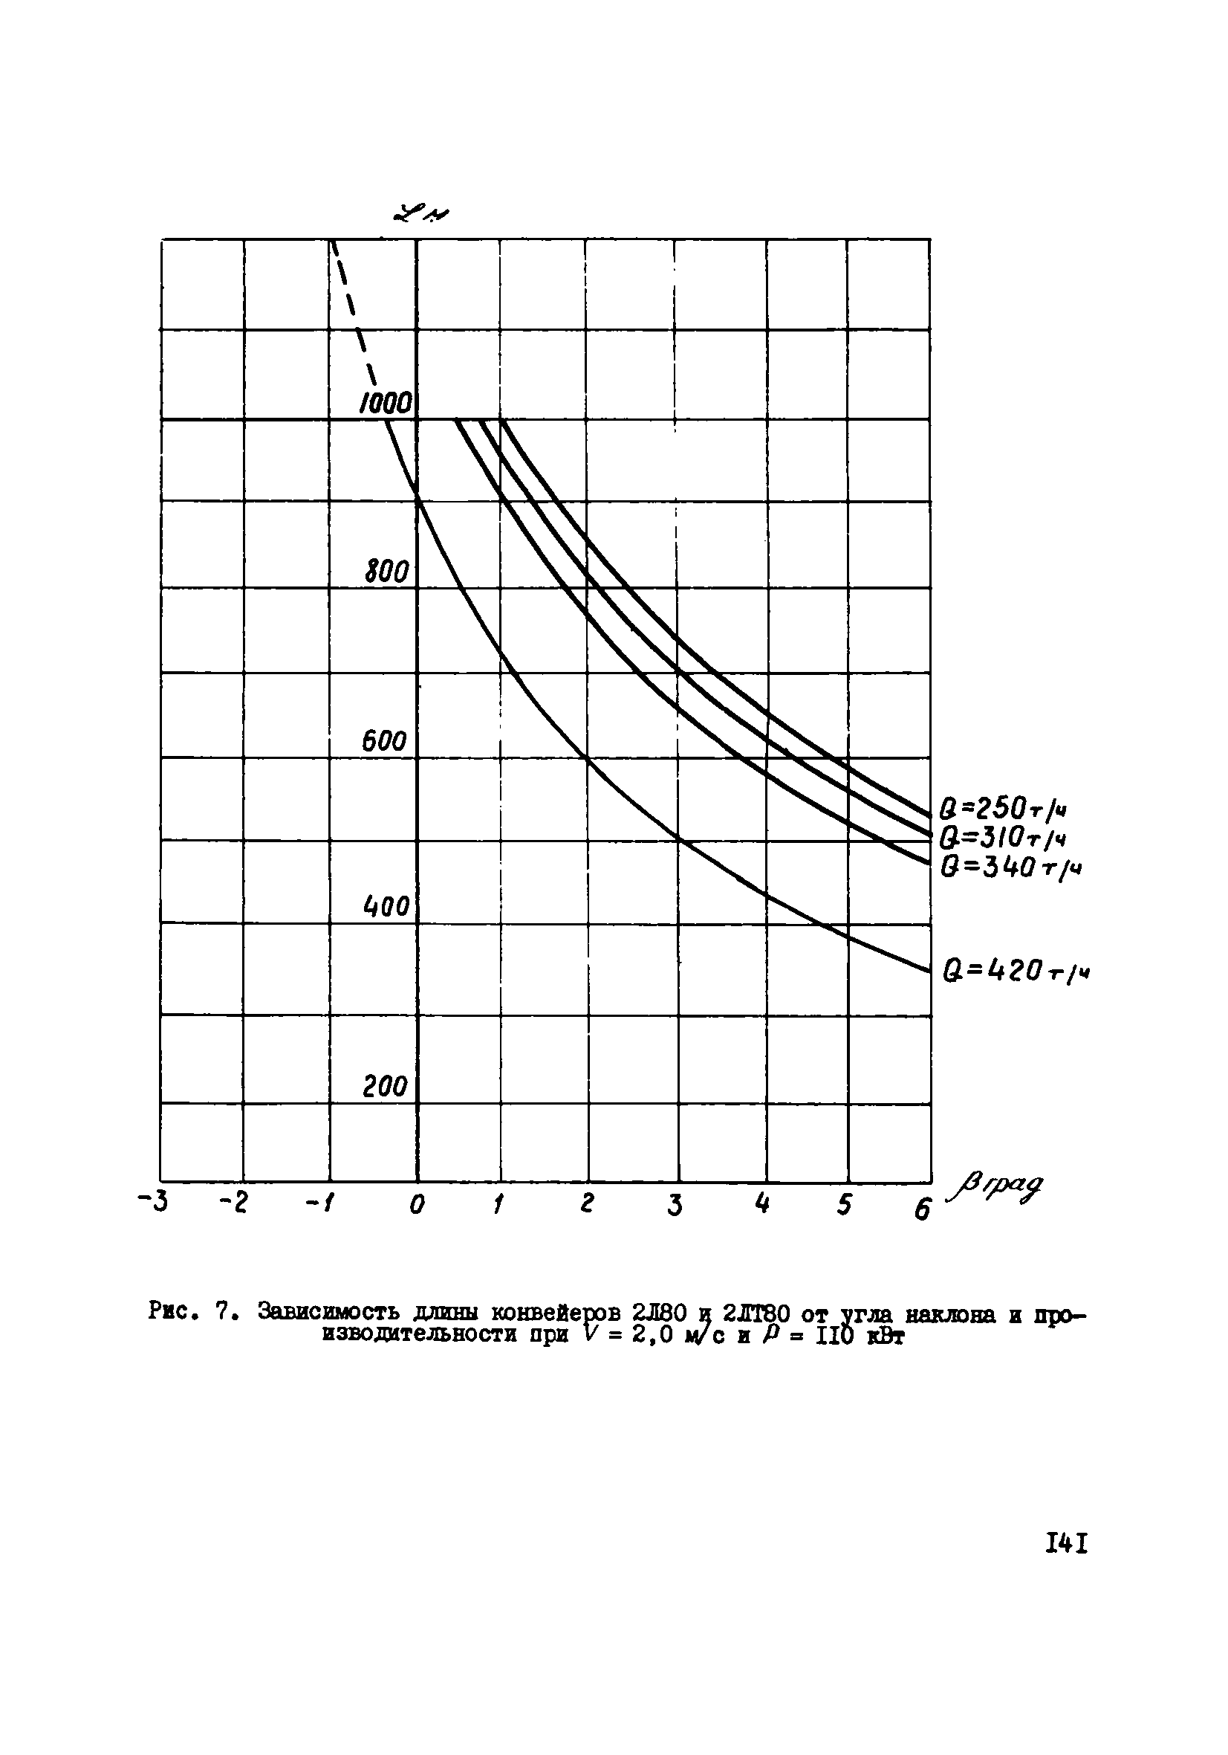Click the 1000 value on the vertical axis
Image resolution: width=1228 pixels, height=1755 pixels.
[x=386, y=403]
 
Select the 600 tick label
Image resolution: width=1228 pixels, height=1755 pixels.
[x=384, y=740]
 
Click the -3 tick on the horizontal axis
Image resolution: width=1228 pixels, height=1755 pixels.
[x=153, y=1203]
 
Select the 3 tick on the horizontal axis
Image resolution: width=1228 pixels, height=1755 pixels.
[x=674, y=1206]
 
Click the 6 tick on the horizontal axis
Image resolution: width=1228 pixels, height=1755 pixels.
[x=923, y=1209]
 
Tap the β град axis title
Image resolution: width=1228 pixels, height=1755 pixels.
[x=994, y=1187]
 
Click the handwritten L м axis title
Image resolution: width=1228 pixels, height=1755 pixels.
[x=420, y=215]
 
